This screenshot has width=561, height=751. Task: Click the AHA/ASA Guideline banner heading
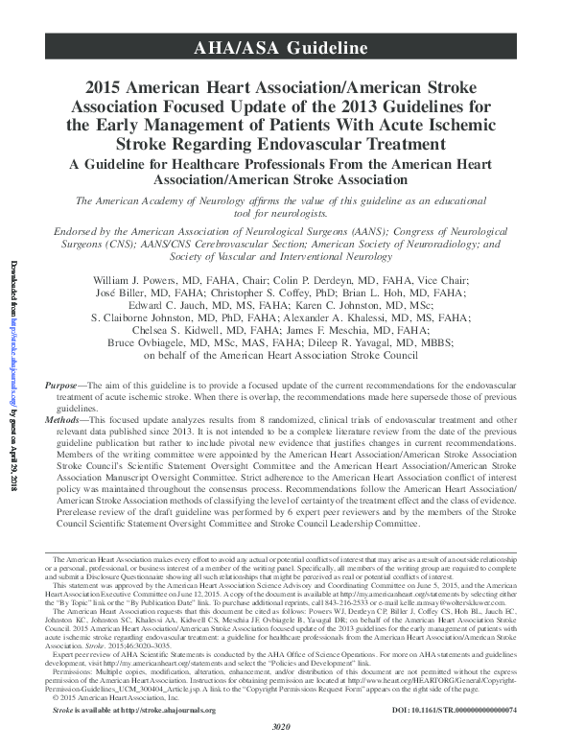pos(280,46)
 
